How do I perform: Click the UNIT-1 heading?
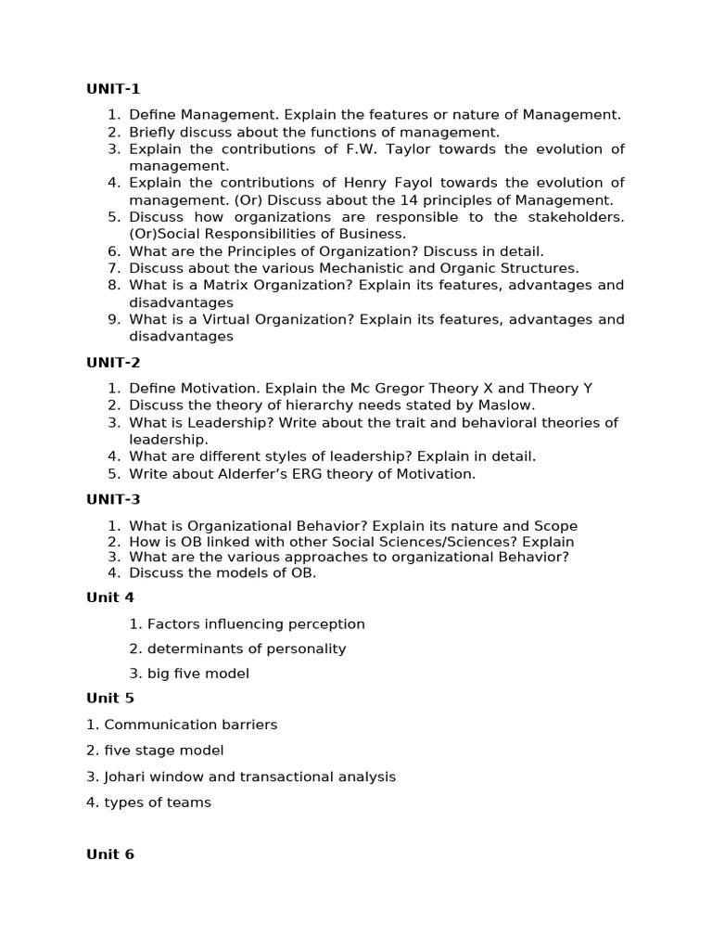[113, 89]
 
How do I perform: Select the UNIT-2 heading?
[113, 363]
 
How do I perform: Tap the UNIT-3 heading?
[113, 499]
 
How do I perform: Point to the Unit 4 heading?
[110, 597]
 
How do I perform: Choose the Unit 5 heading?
[110, 698]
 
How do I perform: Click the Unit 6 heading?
[110, 854]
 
